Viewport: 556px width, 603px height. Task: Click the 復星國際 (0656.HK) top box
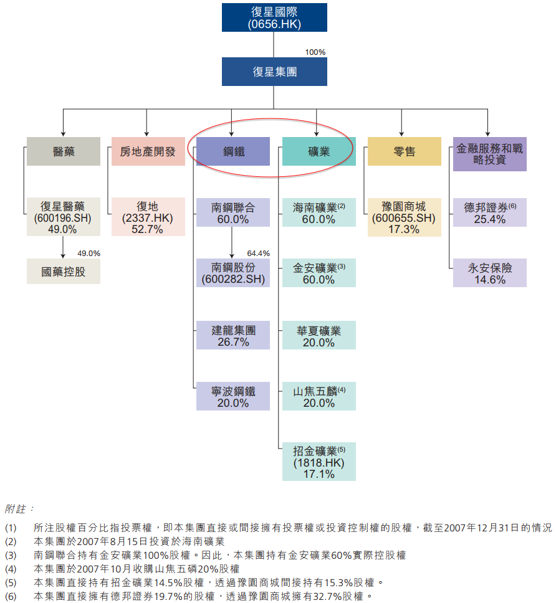point(274,17)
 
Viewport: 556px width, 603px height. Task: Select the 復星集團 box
point(274,72)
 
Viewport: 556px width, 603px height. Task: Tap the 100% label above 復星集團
point(315,52)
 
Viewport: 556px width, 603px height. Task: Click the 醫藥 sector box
point(64,151)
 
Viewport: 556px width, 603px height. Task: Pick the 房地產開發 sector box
point(148,151)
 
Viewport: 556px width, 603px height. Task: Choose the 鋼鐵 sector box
point(233,151)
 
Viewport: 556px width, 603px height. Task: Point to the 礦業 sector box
point(319,151)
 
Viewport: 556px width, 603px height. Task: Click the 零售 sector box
point(405,151)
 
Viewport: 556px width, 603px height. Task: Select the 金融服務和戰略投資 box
point(490,154)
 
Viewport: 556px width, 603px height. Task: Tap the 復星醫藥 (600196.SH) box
point(63,217)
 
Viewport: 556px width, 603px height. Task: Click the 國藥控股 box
point(63,272)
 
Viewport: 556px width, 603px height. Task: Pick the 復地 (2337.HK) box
point(148,217)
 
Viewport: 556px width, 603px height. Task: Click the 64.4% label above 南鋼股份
point(258,254)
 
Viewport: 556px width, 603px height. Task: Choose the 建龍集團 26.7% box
point(233,335)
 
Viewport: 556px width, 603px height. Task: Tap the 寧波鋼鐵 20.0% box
point(233,397)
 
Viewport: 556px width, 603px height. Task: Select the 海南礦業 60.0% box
point(319,212)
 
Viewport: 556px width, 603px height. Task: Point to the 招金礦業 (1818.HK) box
point(319,462)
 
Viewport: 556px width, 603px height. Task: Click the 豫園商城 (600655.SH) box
point(405,217)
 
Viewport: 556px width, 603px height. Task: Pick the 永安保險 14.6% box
point(490,273)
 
